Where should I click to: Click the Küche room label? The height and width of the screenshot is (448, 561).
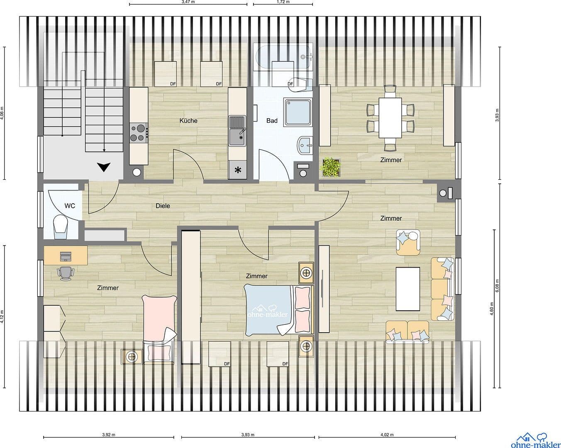coord(188,121)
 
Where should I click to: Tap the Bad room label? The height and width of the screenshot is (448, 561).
coord(272,121)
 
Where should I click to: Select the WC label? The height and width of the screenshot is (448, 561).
coord(70,205)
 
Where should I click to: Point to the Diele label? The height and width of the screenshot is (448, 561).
coord(163,206)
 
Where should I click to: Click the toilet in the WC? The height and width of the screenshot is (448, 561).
coord(61,226)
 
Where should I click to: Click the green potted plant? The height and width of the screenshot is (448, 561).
coord(331,167)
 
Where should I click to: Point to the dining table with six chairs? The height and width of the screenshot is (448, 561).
coord(390,118)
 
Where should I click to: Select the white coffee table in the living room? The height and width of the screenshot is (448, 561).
coord(408,289)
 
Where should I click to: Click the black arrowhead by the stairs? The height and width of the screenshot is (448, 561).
coord(104,167)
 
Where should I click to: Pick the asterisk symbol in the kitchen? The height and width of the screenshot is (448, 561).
coord(238,170)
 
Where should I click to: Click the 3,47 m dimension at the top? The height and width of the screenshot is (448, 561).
coord(188,2)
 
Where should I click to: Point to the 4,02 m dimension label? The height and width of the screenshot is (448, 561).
coord(387,435)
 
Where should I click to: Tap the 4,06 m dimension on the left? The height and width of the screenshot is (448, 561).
coord(2,113)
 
